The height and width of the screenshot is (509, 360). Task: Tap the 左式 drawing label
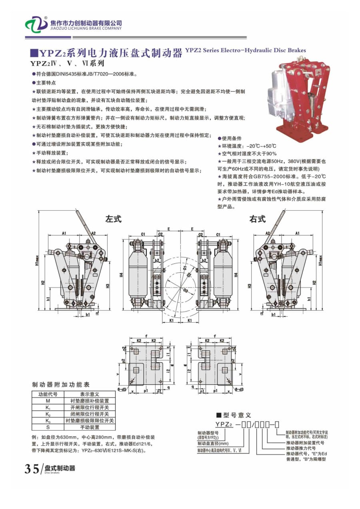tap(113, 219)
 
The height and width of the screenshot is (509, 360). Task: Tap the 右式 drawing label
tap(257, 219)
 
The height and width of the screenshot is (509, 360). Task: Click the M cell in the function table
tap(48, 401)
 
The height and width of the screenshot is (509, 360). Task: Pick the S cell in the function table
tap(48, 427)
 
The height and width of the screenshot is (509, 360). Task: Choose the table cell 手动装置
tap(90, 427)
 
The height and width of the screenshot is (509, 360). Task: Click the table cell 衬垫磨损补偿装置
tap(90, 401)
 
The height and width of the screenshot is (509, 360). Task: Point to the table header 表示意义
tap(90, 394)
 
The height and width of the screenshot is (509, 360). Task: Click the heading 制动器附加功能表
tap(61, 385)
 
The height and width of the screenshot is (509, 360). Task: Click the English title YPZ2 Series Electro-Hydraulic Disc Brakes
tap(245, 50)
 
